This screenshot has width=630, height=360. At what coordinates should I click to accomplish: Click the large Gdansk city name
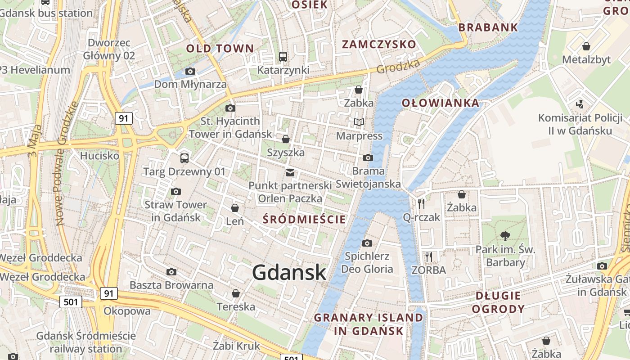click(x=289, y=273)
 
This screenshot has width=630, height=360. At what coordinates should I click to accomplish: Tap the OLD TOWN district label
click(x=220, y=48)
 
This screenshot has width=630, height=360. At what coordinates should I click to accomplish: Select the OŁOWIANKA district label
click(x=440, y=103)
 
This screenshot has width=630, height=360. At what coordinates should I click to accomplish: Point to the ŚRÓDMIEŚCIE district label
click(x=304, y=219)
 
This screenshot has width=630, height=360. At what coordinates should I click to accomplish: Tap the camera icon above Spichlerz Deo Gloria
click(x=367, y=243)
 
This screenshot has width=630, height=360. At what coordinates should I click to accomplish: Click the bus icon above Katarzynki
click(x=283, y=57)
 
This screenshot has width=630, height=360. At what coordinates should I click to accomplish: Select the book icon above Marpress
click(x=359, y=122)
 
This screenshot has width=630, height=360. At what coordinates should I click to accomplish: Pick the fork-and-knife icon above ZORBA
click(x=429, y=257)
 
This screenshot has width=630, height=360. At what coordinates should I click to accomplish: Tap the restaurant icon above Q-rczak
click(x=421, y=203)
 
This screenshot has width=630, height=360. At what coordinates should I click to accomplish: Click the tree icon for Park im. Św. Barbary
click(x=505, y=236)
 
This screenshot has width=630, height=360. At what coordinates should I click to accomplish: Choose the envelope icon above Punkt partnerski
click(x=290, y=172)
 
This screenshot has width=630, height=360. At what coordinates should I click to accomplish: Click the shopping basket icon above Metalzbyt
click(x=586, y=46)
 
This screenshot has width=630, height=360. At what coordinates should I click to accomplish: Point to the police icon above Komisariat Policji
click(x=580, y=104)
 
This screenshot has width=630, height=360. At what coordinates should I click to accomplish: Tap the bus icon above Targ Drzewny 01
click(x=184, y=158)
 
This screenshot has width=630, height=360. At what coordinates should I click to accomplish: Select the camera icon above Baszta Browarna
click(x=171, y=272)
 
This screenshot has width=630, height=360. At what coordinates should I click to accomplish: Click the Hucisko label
click(x=99, y=156)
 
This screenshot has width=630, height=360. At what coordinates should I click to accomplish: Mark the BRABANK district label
click(x=488, y=27)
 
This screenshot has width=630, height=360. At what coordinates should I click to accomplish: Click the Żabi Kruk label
click(x=237, y=346)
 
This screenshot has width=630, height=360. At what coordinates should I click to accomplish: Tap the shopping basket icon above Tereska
click(x=235, y=294)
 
